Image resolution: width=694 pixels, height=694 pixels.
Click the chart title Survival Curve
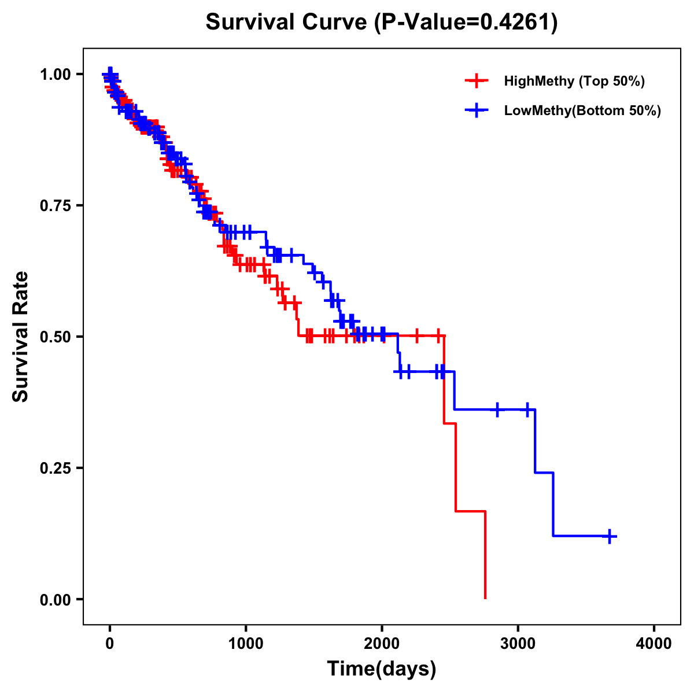pyautogui.click(x=286, y=23)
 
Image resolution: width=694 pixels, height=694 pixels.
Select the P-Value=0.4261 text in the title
pyautogui.click(x=465, y=23)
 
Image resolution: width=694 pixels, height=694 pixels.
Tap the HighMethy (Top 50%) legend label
pyautogui.click(x=574, y=81)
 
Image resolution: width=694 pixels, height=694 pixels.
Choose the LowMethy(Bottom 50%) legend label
pyautogui.click(x=582, y=111)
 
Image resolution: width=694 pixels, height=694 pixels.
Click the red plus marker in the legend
pyautogui.click(x=476, y=81)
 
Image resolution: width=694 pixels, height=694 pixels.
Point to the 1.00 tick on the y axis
pyautogui.click(x=56, y=74)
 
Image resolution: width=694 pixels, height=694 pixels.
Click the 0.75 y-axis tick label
pyautogui.click(x=56, y=205)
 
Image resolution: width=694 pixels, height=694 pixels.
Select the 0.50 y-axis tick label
pyautogui.click(x=56, y=337)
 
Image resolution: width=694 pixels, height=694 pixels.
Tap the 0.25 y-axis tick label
pyautogui.click(x=56, y=468)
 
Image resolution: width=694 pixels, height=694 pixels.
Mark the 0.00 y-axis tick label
pyautogui.click(x=56, y=599)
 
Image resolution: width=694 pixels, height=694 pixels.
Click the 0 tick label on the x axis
pyautogui.click(x=110, y=644)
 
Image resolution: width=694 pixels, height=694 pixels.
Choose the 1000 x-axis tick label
pyautogui.click(x=246, y=644)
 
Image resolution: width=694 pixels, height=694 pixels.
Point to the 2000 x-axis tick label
pyautogui.click(x=382, y=644)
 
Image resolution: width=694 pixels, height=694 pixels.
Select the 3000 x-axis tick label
pyautogui.click(x=518, y=644)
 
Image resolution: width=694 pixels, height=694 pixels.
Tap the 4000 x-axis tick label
pyautogui.click(x=654, y=644)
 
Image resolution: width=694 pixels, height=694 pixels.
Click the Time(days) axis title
pyautogui.click(x=382, y=669)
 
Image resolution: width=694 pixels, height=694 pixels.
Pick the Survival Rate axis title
pyautogui.click(x=21, y=337)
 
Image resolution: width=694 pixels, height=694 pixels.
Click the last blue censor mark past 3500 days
pyautogui.click(x=610, y=536)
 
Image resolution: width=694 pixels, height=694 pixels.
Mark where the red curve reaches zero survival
pyautogui.click(x=485, y=598)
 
